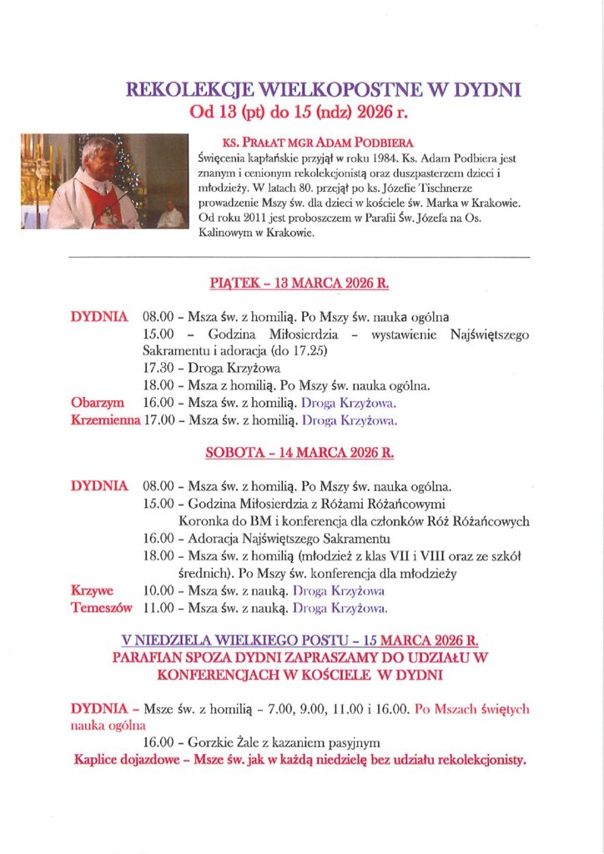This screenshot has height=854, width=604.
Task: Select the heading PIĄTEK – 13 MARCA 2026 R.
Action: [301, 284]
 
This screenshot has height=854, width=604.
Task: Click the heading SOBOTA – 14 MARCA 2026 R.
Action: [299, 454]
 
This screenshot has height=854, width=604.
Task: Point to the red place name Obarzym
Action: [98, 403]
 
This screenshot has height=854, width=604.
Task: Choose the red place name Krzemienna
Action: [105, 420]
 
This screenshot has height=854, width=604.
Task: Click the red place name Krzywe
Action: [93, 590]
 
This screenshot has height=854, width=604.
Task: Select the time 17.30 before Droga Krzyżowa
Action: [159, 368]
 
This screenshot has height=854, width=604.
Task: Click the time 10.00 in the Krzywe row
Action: [159, 590]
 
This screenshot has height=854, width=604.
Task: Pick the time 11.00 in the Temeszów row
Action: [159, 608]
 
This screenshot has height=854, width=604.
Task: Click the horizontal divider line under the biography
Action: [301, 259]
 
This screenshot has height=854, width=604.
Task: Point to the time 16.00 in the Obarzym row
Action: [159, 403]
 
